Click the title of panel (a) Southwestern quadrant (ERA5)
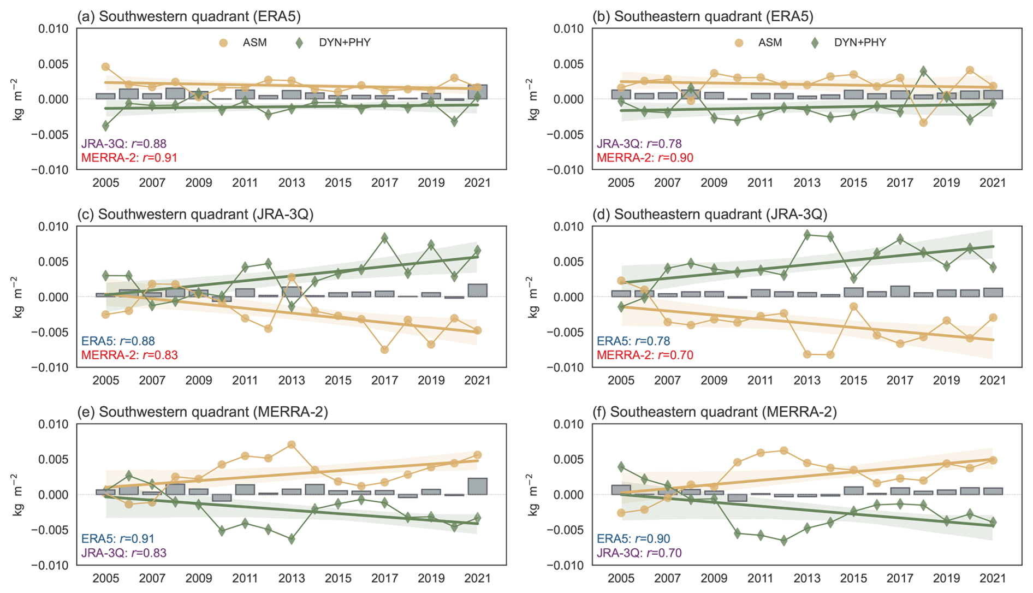coord(189,16)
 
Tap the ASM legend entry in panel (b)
coord(759,43)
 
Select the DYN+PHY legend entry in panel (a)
coord(333,43)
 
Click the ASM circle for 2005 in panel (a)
coord(106,67)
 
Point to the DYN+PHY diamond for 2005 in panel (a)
coord(106,126)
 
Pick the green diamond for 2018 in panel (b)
coord(923,71)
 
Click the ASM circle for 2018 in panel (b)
coord(923,123)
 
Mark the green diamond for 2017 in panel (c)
coord(385,238)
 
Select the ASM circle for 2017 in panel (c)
coord(385,349)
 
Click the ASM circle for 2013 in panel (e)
coord(292,444)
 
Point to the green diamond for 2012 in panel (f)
coord(784,541)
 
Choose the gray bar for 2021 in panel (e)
coord(478,486)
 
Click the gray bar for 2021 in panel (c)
coord(478,290)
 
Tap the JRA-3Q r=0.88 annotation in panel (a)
coord(124,144)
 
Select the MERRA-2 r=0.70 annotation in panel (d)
coord(645,355)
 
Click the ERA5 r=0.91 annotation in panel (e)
coord(118,539)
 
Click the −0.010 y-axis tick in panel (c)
coord(53,367)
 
